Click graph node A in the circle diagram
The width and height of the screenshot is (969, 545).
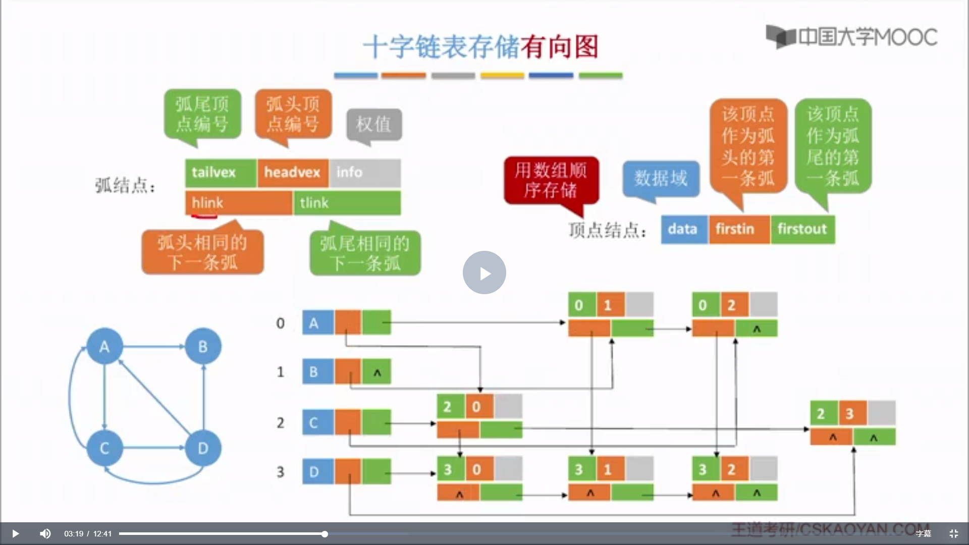click(104, 346)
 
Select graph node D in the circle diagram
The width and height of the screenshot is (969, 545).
click(203, 448)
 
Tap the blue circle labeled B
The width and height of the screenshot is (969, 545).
click(203, 346)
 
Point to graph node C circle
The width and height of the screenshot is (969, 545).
click(104, 448)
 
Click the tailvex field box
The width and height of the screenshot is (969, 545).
click(221, 173)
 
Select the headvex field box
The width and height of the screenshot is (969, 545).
click(293, 173)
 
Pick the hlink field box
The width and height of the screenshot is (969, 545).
click(238, 203)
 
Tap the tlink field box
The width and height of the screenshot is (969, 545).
click(347, 203)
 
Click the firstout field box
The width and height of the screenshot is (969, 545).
click(802, 229)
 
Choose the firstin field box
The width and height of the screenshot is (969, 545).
click(739, 229)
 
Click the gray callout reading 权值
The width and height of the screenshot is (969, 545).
click(374, 124)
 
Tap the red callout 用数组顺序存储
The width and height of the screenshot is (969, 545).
click(551, 180)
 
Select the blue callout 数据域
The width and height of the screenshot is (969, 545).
click(661, 178)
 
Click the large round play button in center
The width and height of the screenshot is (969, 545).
click(484, 272)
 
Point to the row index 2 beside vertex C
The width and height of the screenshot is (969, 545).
click(281, 423)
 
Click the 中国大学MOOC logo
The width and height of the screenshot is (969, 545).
click(851, 37)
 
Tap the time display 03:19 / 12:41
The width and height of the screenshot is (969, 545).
click(88, 533)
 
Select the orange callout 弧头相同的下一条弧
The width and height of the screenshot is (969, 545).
click(202, 252)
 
